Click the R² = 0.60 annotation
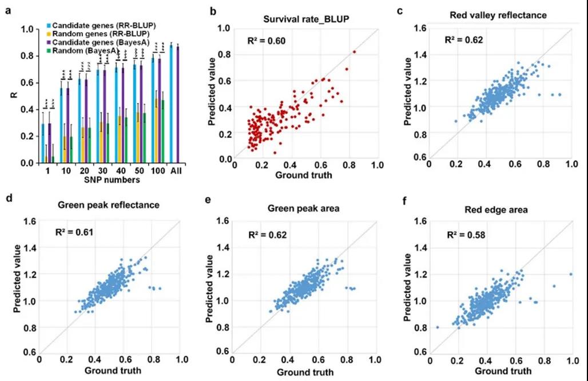pyautogui.click(x=261, y=41)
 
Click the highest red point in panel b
pyautogui.click(x=354, y=51)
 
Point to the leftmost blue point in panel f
pyautogui.click(x=438, y=327)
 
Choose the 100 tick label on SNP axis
pyautogui.click(x=156, y=170)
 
